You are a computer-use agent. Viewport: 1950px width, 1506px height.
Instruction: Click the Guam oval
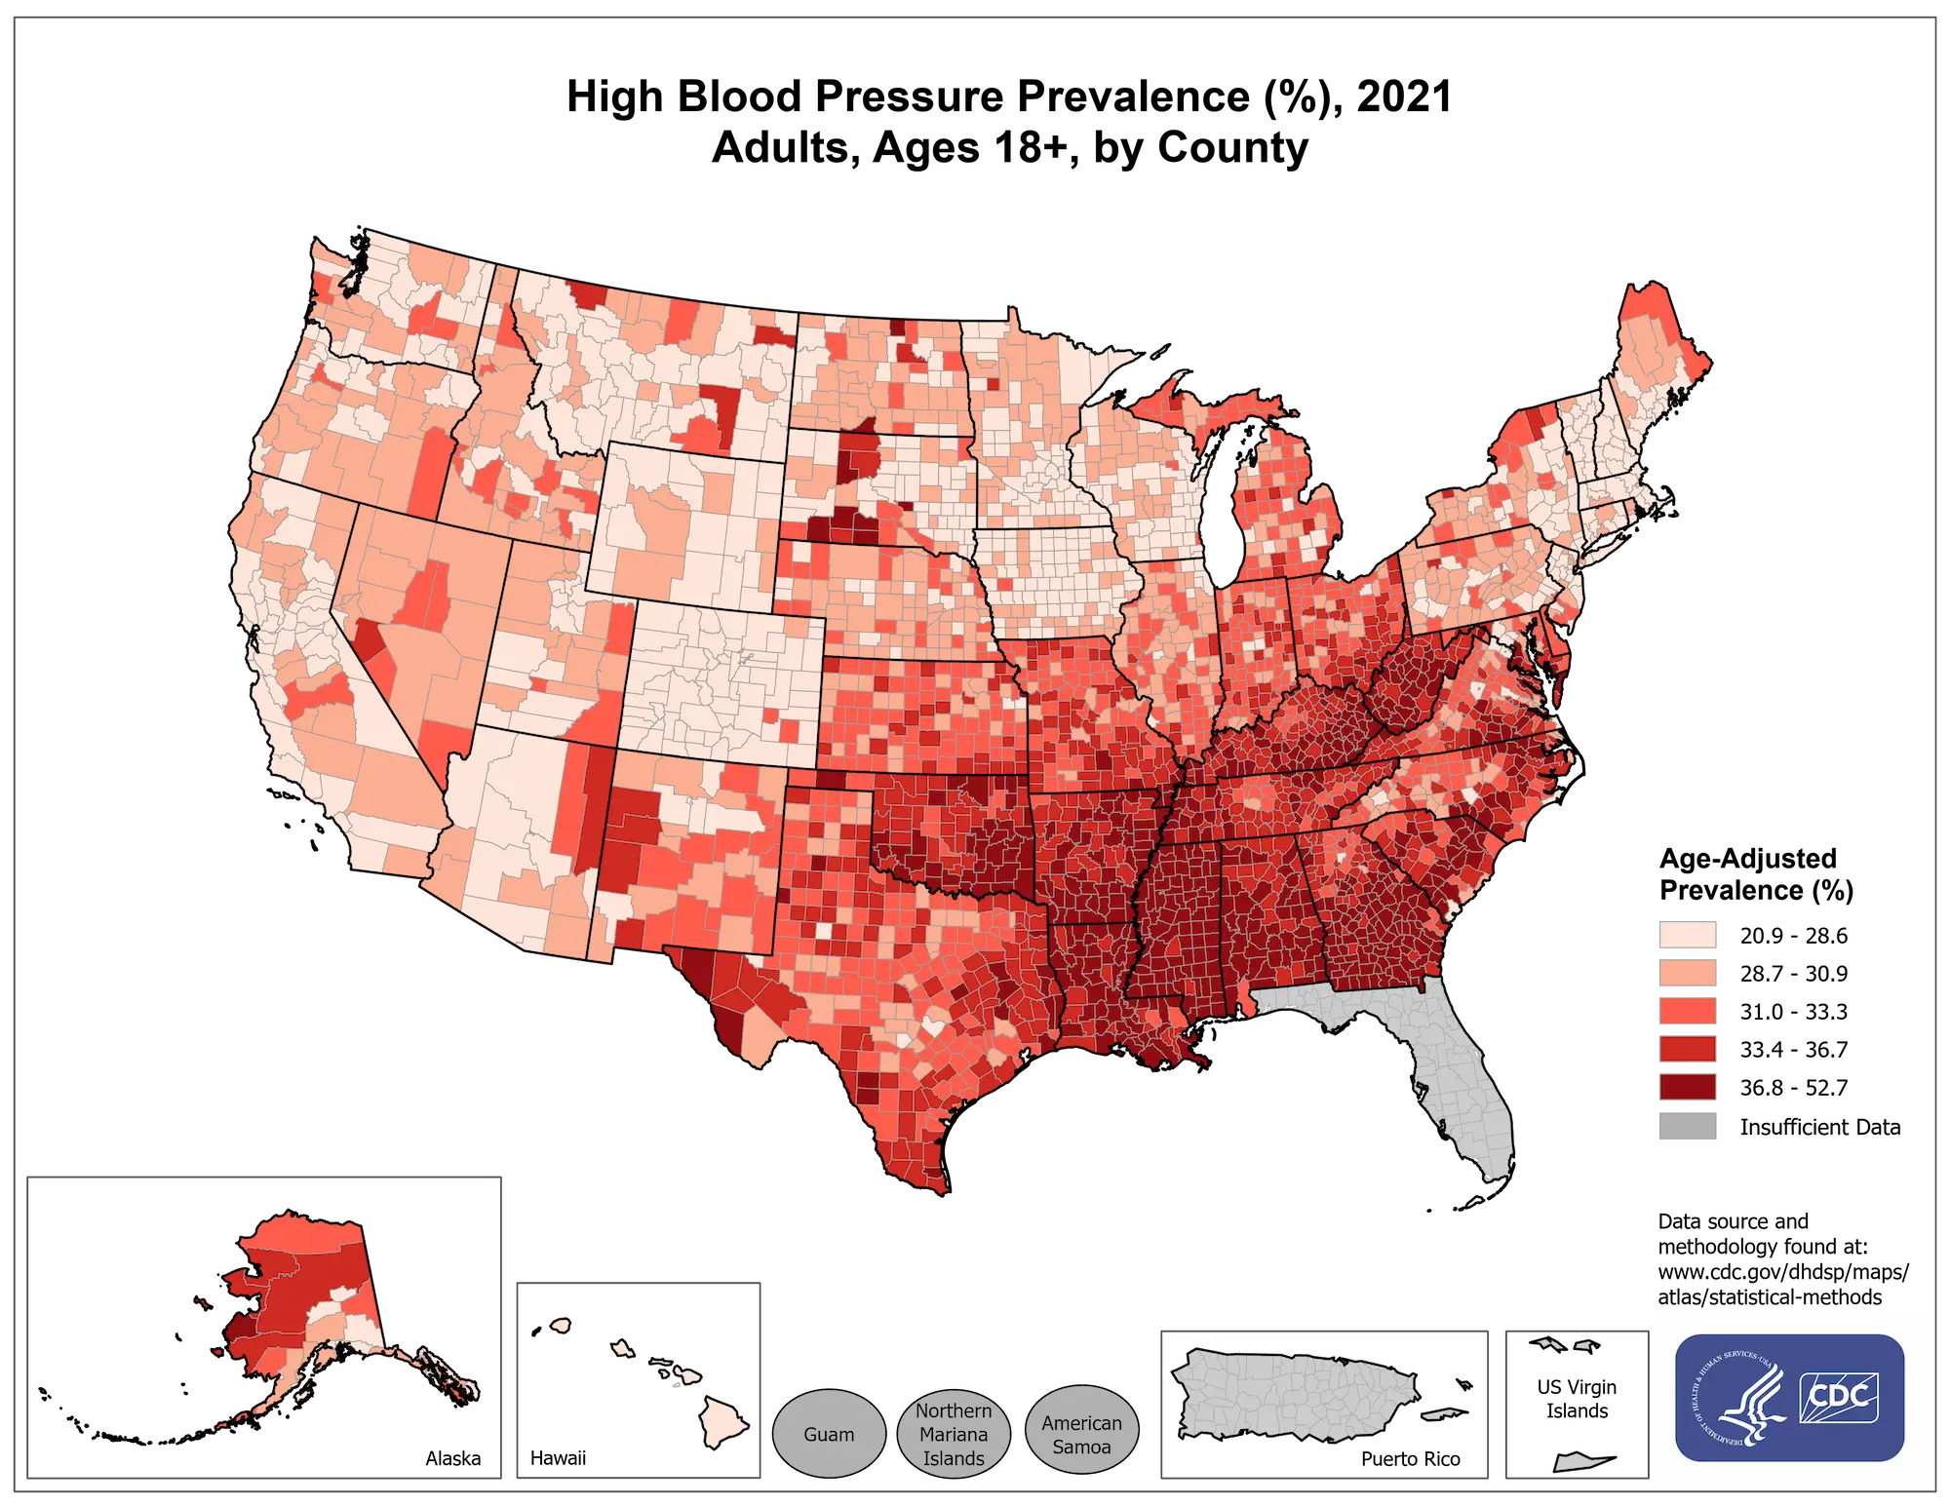point(829,1434)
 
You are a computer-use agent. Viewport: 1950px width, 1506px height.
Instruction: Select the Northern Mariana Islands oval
point(954,1434)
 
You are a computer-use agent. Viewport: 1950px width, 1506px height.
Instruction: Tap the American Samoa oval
point(1081,1434)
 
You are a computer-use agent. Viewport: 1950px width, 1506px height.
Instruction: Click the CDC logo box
point(1838,1396)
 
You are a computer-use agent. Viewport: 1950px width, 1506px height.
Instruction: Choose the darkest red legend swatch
point(1687,1086)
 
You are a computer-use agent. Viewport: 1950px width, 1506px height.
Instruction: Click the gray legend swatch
point(1687,1126)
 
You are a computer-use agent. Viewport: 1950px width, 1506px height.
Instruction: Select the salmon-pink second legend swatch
point(1687,973)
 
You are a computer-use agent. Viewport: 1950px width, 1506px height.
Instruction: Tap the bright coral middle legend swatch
point(1687,1011)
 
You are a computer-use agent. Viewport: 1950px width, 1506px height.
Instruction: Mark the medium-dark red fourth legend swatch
point(1687,1048)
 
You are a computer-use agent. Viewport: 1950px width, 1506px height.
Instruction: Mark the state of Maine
point(1657,370)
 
